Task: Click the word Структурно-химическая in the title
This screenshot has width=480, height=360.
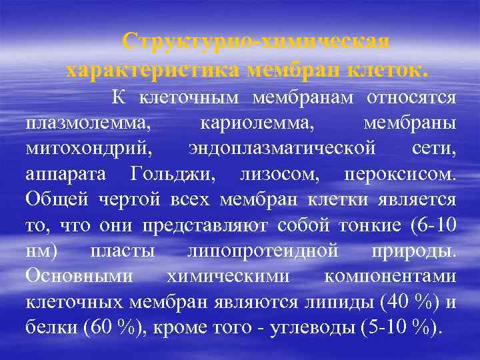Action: (256, 41)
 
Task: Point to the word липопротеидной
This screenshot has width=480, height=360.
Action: (253, 251)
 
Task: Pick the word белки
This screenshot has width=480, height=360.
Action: (50, 327)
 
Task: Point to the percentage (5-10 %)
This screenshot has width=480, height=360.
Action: (397, 327)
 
